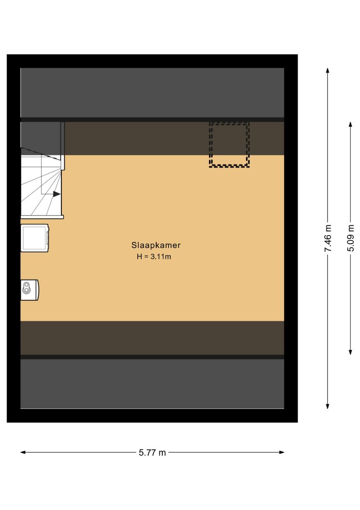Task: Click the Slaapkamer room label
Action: tap(156, 245)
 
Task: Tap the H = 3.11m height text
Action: tap(154, 256)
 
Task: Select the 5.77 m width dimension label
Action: tap(152, 452)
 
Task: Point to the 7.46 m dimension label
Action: tap(328, 238)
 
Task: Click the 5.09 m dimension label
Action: tap(351, 238)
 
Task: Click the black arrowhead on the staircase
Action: tap(57, 194)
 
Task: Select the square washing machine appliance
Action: tap(35, 238)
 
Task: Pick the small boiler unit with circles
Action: tap(30, 289)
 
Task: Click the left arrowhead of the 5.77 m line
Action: tap(23, 452)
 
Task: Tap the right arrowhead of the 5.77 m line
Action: tap(282, 452)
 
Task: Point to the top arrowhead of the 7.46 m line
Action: tap(327, 70)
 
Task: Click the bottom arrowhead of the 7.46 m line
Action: tap(327, 406)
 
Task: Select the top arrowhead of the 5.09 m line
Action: tap(350, 125)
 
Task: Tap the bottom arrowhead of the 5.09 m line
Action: tap(350, 352)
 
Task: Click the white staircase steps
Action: tap(41, 186)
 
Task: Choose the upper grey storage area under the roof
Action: tap(152, 93)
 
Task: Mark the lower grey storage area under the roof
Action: tap(152, 384)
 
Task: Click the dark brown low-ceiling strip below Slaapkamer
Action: tap(152, 338)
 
